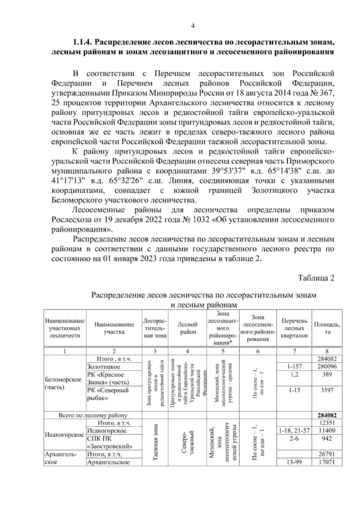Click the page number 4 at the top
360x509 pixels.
point(193,26)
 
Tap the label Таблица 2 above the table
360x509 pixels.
point(316,278)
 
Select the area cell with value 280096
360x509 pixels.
point(327,367)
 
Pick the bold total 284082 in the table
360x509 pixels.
point(327,415)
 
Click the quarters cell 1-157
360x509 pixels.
point(294,367)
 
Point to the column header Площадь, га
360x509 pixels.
point(327,328)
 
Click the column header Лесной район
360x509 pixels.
point(187,328)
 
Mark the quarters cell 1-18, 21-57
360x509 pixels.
point(294,431)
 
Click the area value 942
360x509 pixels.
point(327,439)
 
